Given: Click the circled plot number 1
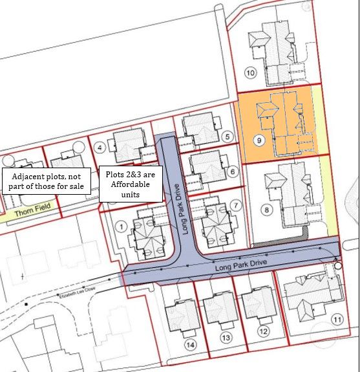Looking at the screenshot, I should tap(121, 226).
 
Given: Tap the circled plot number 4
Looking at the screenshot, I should tap(100, 147).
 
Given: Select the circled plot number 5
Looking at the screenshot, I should tap(227, 137).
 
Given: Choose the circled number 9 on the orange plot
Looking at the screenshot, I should tap(259, 139).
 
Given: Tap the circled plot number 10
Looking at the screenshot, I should tap(251, 72).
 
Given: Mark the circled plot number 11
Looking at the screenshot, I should tap(337, 318).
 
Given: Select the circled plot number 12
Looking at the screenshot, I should tap(263, 331).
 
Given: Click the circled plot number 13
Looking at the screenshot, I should tap(226, 338).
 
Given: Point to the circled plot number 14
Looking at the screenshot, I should tap(190, 345).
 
